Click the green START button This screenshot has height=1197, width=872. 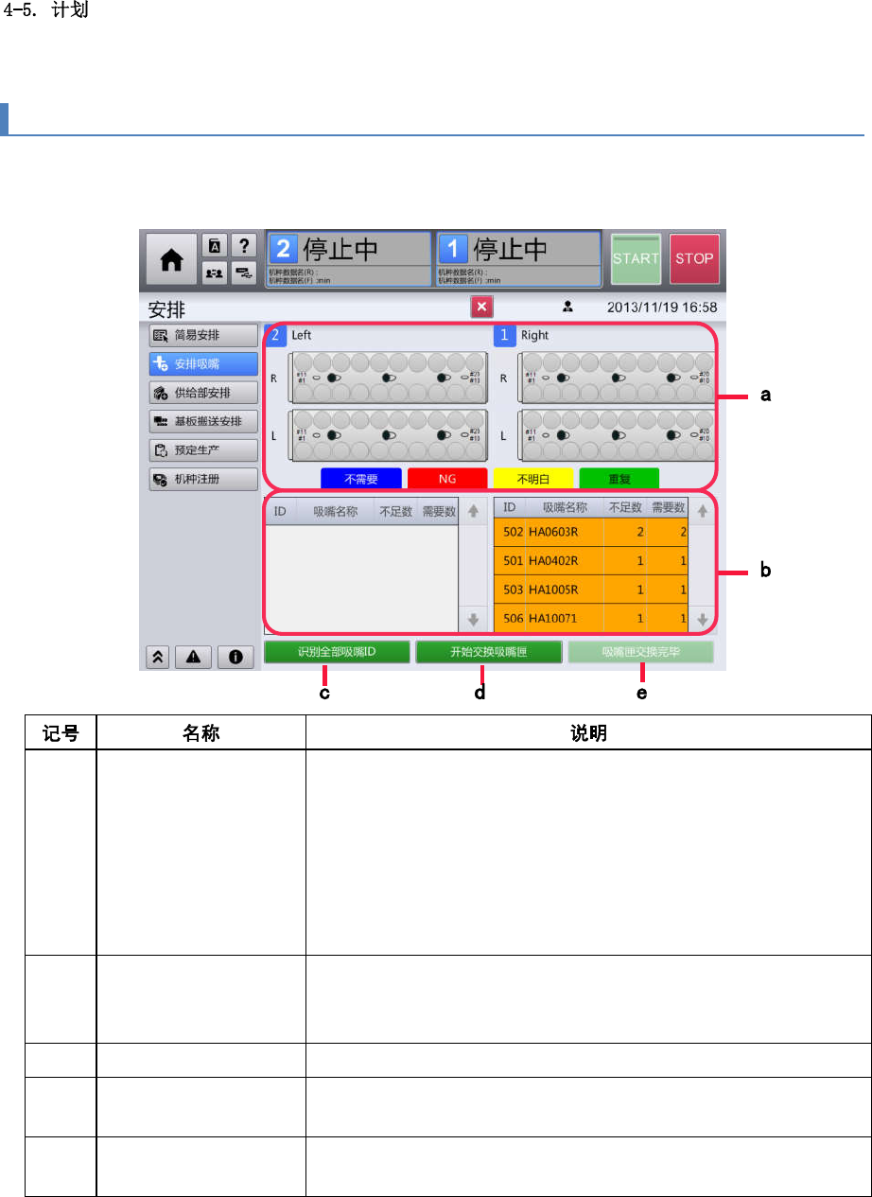(x=636, y=258)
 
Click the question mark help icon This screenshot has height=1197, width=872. (x=243, y=245)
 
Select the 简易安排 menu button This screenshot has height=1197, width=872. (x=203, y=335)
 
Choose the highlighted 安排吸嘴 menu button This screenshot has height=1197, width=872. (x=203, y=364)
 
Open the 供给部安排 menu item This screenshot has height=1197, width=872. (x=203, y=393)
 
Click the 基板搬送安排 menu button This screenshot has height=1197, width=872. (x=203, y=421)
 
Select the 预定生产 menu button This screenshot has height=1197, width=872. (x=203, y=450)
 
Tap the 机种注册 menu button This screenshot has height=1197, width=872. (x=203, y=479)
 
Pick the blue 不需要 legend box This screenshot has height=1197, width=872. (x=362, y=479)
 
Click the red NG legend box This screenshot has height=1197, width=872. (x=447, y=479)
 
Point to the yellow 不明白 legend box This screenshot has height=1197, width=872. (x=533, y=479)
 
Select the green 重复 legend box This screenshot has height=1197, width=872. (x=619, y=479)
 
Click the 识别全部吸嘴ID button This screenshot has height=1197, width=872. (x=338, y=652)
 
